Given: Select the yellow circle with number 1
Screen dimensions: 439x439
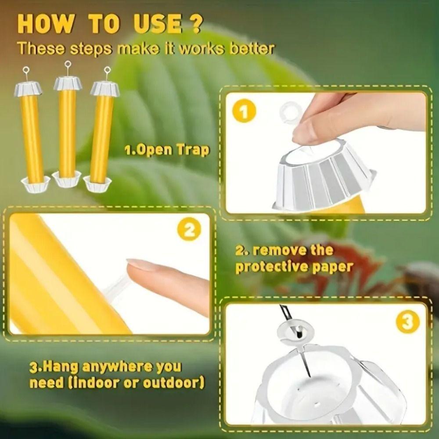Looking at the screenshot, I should click(x=244, y=111).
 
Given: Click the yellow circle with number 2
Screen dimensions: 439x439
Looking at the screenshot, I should click(x=190, y=230).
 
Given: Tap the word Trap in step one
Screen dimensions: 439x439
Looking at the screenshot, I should click(x=193, y=150).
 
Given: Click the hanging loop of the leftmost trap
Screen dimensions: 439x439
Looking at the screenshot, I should click(x=26, y=70).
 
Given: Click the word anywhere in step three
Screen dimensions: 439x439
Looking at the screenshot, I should click(x=114, y=367).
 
